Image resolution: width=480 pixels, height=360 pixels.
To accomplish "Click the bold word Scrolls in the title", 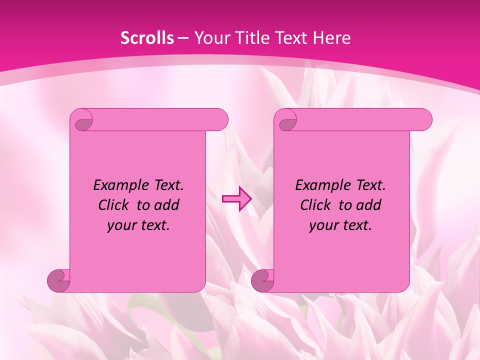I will [x=147, y=38].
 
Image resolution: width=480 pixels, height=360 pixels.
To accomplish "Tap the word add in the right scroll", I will [x=369, y=205].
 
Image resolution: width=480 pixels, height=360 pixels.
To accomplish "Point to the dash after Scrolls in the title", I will [x=183, y=38].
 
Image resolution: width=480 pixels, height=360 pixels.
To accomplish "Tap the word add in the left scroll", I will [x=167, y=205].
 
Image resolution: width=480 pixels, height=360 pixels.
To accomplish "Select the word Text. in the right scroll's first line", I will [x=369, y=185].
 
